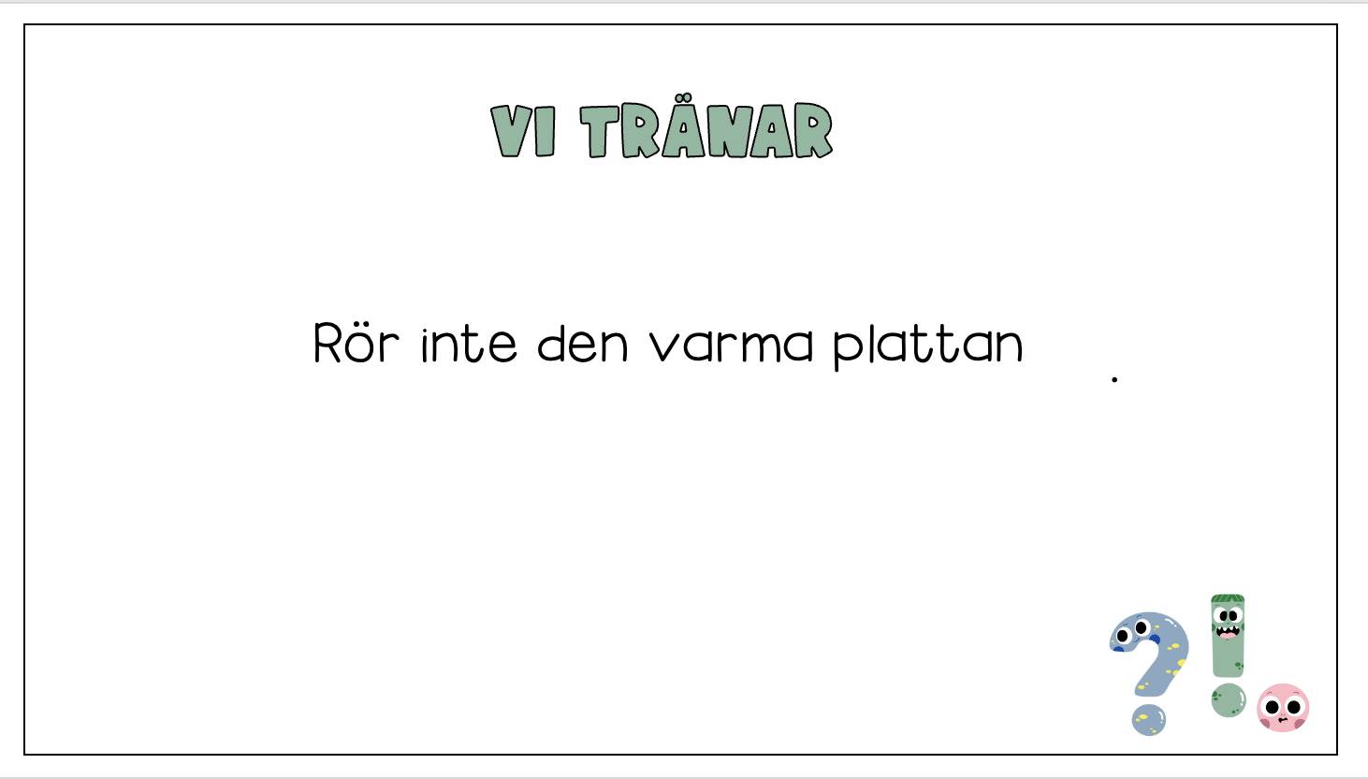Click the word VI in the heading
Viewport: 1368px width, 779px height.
[523, 131]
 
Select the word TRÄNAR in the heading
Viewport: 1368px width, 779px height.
[706, 130]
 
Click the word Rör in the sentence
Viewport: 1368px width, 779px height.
[357, 344]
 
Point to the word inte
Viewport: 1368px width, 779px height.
[469, 344]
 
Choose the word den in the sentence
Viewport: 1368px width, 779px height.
[582, 344]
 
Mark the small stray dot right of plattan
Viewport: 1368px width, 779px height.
[1114, 379]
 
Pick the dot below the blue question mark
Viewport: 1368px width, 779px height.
[1148, 719]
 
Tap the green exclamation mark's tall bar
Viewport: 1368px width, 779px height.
[1228, 646]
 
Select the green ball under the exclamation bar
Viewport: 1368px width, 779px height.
[1229, 699]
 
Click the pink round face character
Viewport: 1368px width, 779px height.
[1282, 708]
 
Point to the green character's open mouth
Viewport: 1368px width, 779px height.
[1227, 632]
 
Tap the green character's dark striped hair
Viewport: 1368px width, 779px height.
[1227, 599]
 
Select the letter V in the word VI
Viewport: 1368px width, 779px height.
[511, 131]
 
